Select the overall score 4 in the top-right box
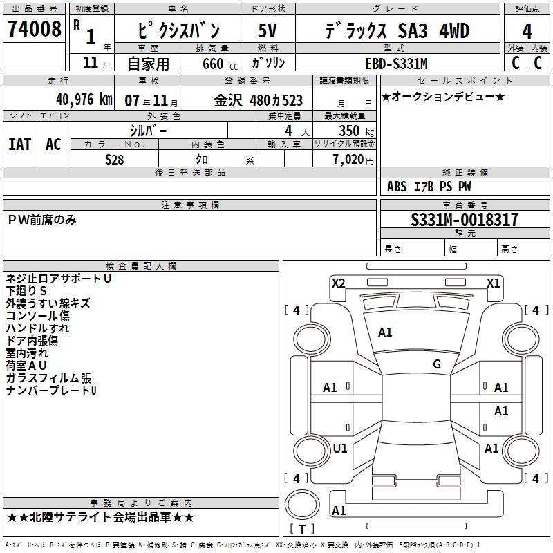(527, 31)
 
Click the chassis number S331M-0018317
(465, 221)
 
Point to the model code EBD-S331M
(396, 64)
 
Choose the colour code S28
(115, 159)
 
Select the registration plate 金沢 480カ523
(259, 100)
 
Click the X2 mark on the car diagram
(339, 283)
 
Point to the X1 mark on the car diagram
(493, 283)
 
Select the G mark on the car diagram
(437, 364)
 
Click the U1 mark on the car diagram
(340, 449)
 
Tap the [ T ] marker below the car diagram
(302, 529)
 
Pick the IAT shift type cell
(20, 144)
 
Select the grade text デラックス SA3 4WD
(397, 31)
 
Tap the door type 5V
(268, 31)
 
